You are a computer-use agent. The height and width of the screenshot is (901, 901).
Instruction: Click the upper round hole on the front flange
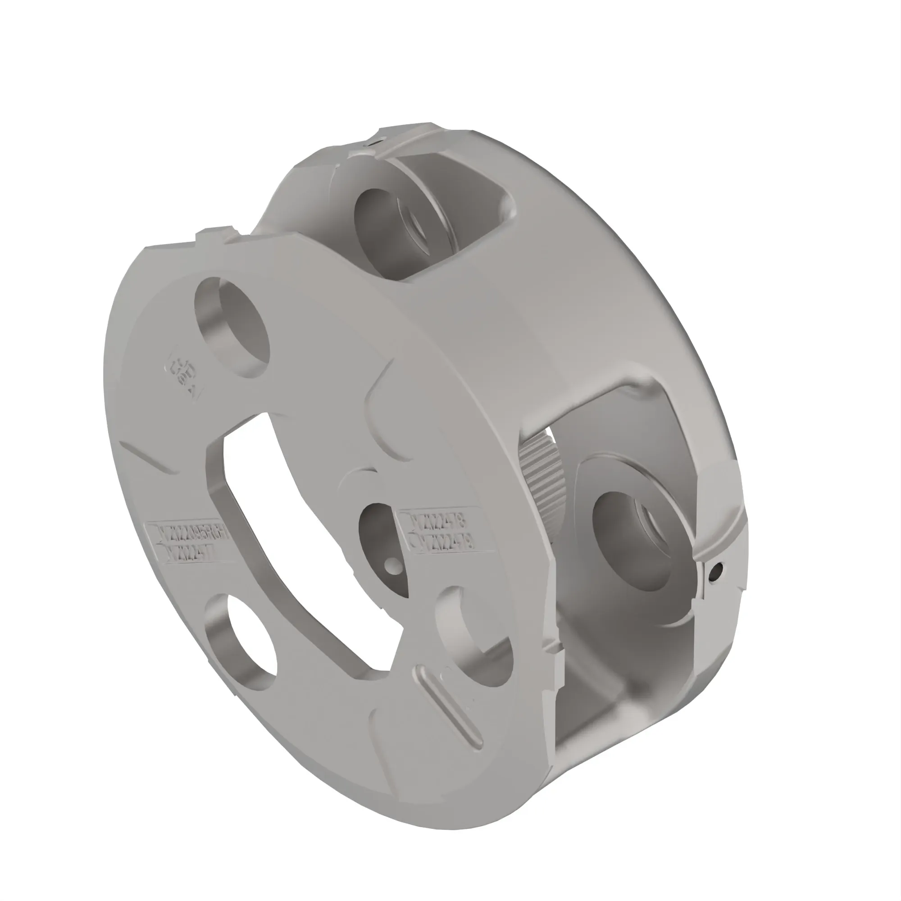233,327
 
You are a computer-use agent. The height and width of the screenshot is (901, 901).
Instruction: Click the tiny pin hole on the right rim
719,569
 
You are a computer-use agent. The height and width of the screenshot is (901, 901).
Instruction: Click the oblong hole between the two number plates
382,546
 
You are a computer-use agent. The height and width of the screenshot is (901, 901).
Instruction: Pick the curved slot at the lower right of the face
471,630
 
